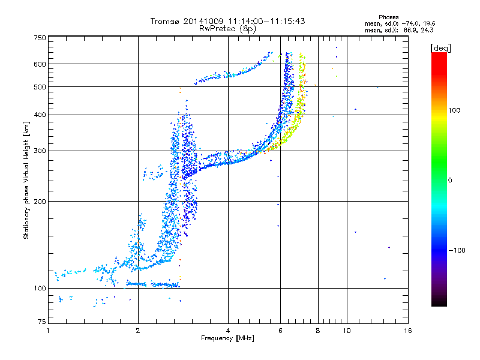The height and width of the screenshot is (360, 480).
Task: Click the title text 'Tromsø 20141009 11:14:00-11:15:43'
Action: click(227, 21)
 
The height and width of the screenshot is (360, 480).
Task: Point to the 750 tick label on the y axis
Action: click(40, 38)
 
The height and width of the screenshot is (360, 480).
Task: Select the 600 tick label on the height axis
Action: click(40, 64)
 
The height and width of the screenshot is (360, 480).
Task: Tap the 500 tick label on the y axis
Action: click(40, 87)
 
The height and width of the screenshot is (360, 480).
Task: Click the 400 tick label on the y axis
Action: click(40, 115)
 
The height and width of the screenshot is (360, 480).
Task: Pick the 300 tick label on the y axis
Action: click(40, 151)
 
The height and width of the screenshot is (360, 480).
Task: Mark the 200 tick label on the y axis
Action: click(40, 202)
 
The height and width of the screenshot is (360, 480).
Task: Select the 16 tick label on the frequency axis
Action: click(407, 331)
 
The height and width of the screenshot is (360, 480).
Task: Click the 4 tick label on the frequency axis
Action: click(228, 331)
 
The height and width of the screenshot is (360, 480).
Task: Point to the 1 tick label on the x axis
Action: click(48, 331)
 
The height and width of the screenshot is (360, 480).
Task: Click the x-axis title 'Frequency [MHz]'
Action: click(227, 339)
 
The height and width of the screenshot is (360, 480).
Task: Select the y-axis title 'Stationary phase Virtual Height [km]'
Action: click(26, 180)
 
